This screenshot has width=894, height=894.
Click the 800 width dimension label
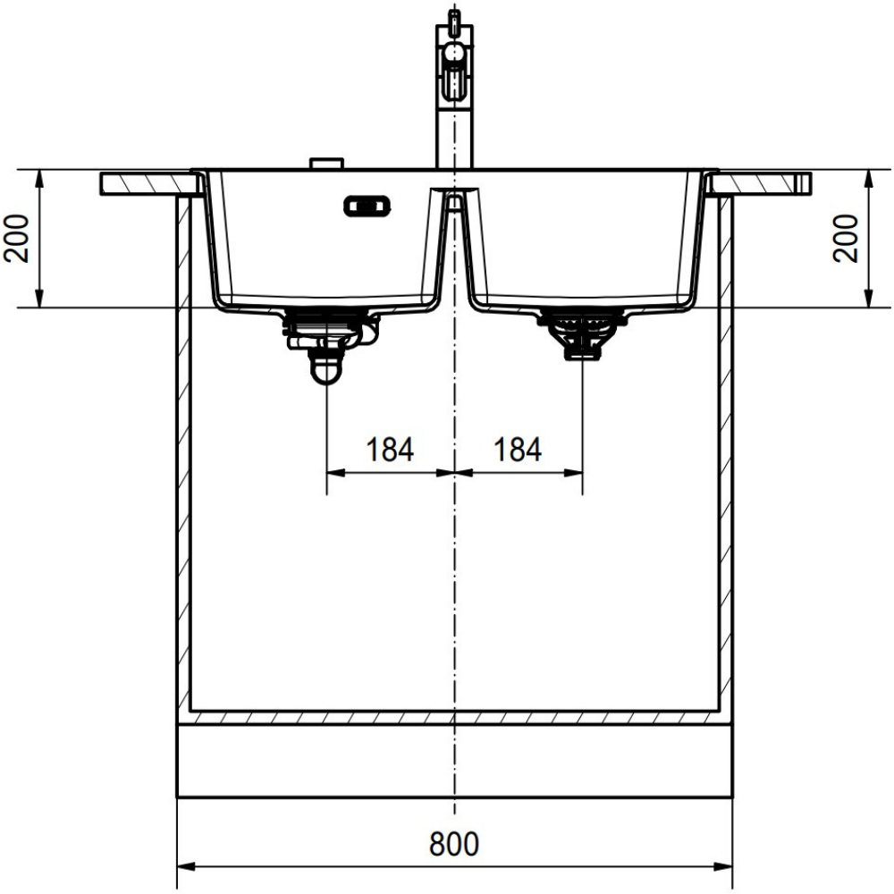point(454,845)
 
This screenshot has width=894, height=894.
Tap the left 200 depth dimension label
point(16,239)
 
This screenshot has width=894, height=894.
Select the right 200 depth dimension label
point(845,239)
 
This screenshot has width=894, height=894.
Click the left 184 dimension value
point(390,450)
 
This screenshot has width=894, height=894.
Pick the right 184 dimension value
point(518,450)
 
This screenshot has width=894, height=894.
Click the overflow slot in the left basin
point(367,206)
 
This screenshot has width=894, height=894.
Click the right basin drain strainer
point(582,334)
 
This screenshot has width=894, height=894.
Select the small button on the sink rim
point(326,163)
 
